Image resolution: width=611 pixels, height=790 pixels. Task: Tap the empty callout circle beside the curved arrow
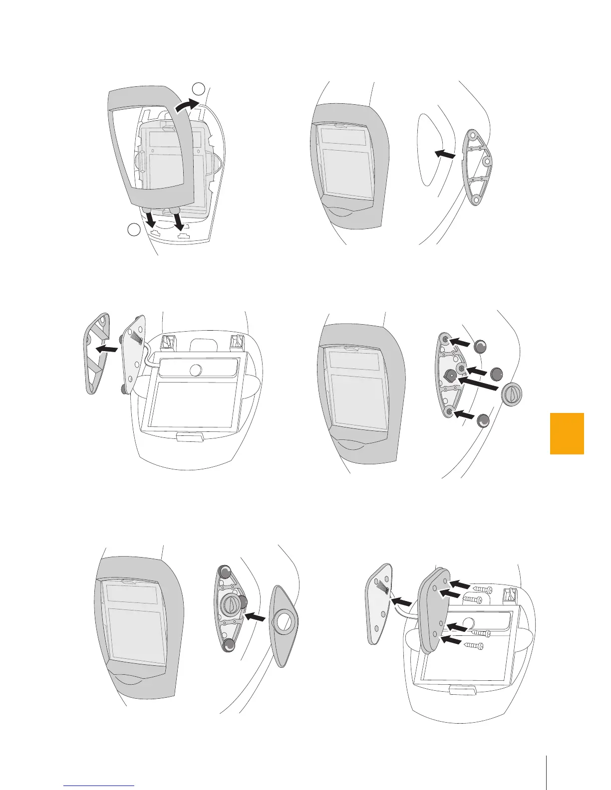coord(199,89)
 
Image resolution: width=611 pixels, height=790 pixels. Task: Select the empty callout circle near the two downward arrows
coord(133,230)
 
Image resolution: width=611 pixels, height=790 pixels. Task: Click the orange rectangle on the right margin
coord(567,433)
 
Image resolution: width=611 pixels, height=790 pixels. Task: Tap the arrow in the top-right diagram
coord(446,155)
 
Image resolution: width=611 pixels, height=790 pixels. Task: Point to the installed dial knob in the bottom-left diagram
coord(230,605)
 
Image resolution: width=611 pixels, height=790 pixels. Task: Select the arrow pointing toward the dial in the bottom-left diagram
coord(257,617)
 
